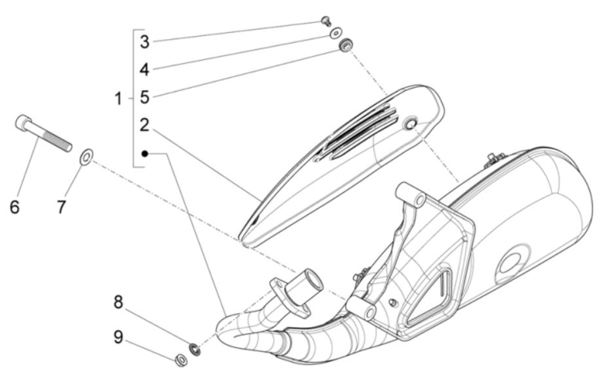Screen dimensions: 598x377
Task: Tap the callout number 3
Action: coord(145,42)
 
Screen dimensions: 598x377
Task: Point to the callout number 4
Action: coord(145,70)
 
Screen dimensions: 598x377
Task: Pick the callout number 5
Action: coord(145,97)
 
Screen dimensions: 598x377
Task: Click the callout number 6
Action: coord(15,207)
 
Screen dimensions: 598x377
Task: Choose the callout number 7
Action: coord(61,207)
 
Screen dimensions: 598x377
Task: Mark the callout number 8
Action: coord(118,302)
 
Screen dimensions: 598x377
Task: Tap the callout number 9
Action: coord(118,337)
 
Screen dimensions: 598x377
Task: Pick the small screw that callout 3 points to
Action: coord(326,21)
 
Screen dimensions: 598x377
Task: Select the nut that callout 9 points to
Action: coord(181,360)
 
